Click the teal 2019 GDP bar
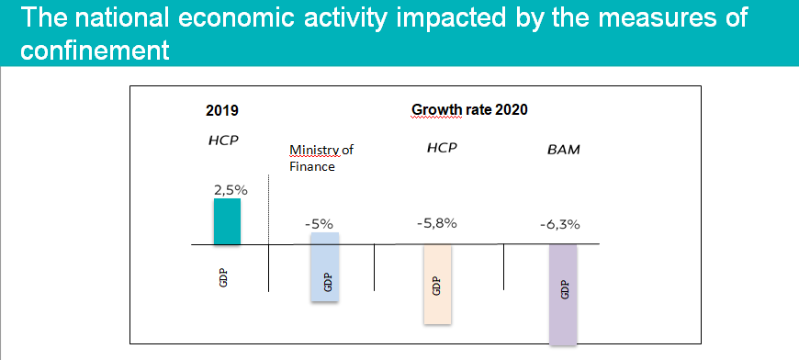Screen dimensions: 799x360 point(227,221)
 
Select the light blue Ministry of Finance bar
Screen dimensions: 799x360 point(324,267)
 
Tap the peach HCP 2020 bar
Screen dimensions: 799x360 point(437,284)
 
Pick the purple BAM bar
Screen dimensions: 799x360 point(563,295)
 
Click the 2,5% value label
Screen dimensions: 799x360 point(231,190)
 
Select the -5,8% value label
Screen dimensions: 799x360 point(437,223)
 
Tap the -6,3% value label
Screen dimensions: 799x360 point(560,225)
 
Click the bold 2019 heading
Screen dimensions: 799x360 point(222,110)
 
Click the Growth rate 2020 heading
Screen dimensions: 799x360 point(469,110)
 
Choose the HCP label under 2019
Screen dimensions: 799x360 point(223,141)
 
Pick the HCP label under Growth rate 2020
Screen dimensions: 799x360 point(443,148)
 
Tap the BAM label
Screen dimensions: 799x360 point(565,151)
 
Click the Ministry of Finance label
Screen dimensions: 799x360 point(321,158)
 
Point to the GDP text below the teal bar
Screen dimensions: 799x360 point(222,277)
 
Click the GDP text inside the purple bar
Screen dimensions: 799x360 point(564,289)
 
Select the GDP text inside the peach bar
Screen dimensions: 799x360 point(436,286)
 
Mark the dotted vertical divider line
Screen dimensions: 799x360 point(268,209)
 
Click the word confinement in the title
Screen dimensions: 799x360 point(95,51)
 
